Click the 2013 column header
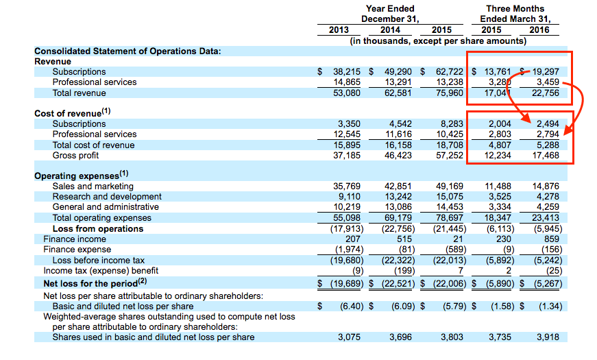click(339, 29)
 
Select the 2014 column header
click(390, 29)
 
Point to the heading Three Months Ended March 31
click(515, 14)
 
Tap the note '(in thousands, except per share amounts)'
click(438, 40)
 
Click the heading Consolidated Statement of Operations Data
click(127, 51)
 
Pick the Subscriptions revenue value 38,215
click(346, 71)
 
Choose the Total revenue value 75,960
click(450, 93)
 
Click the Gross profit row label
click(75, 156)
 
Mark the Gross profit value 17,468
click(546, 156)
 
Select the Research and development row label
click(107, 197)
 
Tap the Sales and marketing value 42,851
click(398, 187)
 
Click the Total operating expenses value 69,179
click(398, 218)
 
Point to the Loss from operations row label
click(98, 228)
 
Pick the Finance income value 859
click(552, 239)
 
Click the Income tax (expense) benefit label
click(101, 270)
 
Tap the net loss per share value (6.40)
click(352, 307)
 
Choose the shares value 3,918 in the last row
click(548, 337)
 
